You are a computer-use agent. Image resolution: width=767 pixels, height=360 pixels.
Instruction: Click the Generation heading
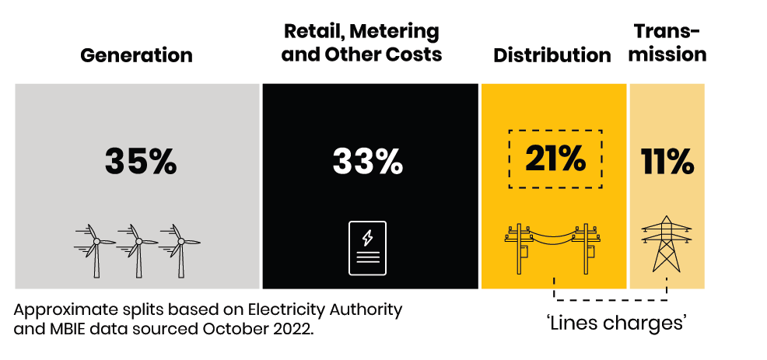click(x=136, y=55)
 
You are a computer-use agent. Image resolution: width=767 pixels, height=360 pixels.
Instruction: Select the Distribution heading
click(x=552, y=55)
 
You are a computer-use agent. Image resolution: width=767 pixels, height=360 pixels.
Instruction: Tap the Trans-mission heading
click(x=667, y=43)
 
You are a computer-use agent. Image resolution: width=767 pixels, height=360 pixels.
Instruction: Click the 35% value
click(x=141, y=162)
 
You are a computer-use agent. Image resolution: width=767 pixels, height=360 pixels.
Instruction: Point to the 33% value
click(x=368, y=162)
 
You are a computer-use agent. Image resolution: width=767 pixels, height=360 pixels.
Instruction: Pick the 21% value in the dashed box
click(x=555, y=159)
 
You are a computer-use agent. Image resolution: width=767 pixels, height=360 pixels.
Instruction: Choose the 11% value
click(x=667, y=162)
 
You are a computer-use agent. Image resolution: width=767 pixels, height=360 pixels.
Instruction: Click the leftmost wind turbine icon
click(x=96, y=249)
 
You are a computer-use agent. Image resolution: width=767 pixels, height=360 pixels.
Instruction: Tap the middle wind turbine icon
click(x=138, y=249)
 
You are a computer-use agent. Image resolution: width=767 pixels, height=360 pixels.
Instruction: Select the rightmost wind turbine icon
click(x=180, y=249)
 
